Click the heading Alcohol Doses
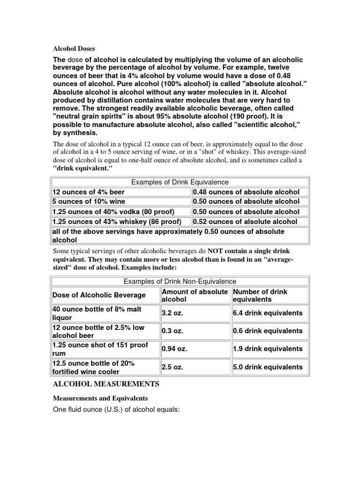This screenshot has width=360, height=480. coord(73,48)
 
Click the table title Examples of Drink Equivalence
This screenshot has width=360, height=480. coord(180,182)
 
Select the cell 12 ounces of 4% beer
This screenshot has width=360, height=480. coord(89,192)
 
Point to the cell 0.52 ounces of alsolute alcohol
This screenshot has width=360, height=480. coord(245,222)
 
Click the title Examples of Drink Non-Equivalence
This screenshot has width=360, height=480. coord(180,281)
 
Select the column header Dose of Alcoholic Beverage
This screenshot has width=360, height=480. coord(99,295)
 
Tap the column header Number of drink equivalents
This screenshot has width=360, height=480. coord(260,295)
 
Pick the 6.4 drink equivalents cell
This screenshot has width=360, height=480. coord(268,313)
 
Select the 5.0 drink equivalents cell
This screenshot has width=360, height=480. coord(268,367)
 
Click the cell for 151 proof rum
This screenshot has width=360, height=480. coord(100,349)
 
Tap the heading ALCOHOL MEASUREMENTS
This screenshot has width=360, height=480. coord(105,384)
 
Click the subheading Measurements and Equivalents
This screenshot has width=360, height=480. coord(100,398)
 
